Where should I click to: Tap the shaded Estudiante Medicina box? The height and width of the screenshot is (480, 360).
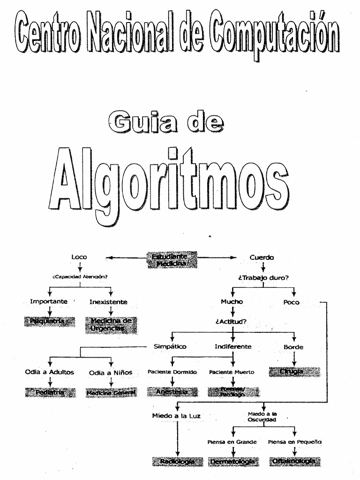pyautogui.click(x=172, y=260)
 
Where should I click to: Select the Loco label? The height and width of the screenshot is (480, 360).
pyautogui.click(x=79, y=257)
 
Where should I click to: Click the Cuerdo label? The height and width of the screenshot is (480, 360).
pyautogui.click(x=262, y=257)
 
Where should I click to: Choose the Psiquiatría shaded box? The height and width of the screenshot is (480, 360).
pyautogui.click(x=49, y=321)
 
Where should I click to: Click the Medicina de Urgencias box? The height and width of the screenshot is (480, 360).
pyautogui.click(x=111, y=324)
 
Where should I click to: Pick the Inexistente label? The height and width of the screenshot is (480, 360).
pyautogui.click(x=108, y=302)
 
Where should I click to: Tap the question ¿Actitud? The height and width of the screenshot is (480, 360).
pyautogui.click(x=231, y=322)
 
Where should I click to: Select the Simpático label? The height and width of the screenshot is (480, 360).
pyautogui.click(x=170, y=347)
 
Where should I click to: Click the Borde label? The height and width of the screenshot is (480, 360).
pyautogui.click(x=293, y=347)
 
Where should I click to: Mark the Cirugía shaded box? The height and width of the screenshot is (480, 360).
pyautogui.click(x=294, y=372)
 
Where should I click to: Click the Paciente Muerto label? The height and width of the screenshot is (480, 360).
pyautogui.click(x=232, y=372)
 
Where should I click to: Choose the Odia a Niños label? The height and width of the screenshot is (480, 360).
pyautogui.click(x=111, y=373)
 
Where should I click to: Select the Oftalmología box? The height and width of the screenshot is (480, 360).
pyautogui.click(x=295, y=462)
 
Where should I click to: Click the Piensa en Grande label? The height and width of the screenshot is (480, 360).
pyautogui.click(x=232, y=442)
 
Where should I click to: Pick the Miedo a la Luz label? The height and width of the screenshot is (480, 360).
pyautogui.click(x=176, y=416)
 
